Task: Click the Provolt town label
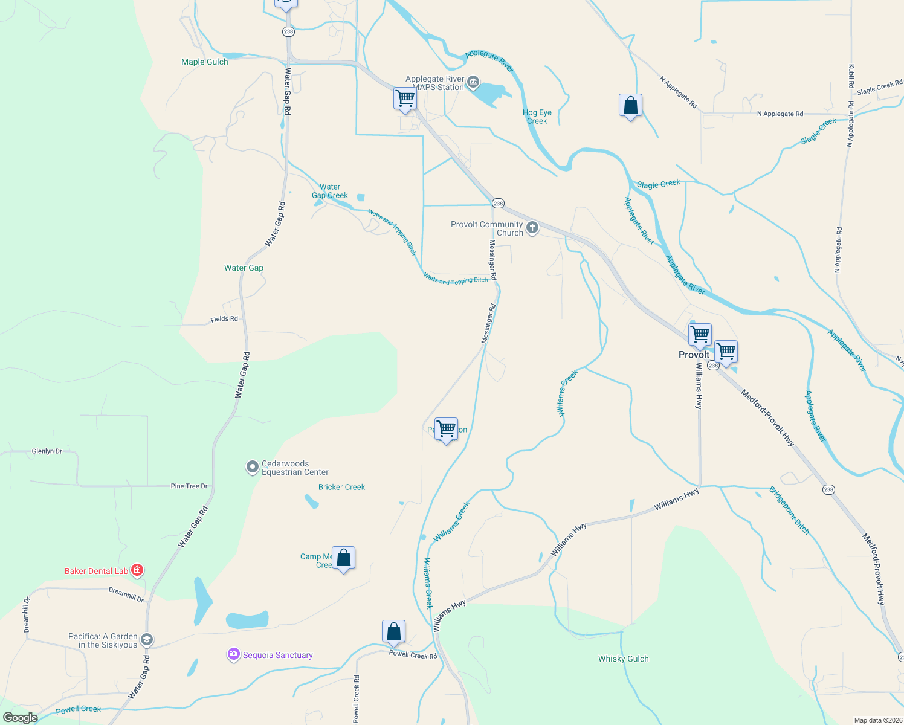coord(694,355)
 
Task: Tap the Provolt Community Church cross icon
coord(532,228)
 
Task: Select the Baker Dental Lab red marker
coord(137,570)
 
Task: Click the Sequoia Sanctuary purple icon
coord(233,654)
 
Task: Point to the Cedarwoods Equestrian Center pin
coord(252,467)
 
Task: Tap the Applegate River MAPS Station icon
coord(473,82)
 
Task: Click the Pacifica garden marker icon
coord(147,640)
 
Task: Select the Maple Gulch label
coord(205,62)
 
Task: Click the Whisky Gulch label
coord(623,659)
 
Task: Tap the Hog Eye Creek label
coord(537,117)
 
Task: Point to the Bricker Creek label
coord(341,487)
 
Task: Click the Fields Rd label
coord(224,318)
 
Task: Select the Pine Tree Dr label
coord(189,486)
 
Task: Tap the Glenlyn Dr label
coord(47,451)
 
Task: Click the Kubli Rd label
coord(851,76)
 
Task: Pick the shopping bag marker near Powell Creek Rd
coord(393,632)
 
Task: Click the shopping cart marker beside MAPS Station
coord(405,98)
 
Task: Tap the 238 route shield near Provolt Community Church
coord(498,204)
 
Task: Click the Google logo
coord(20,717)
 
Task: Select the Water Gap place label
coord(244,268)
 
